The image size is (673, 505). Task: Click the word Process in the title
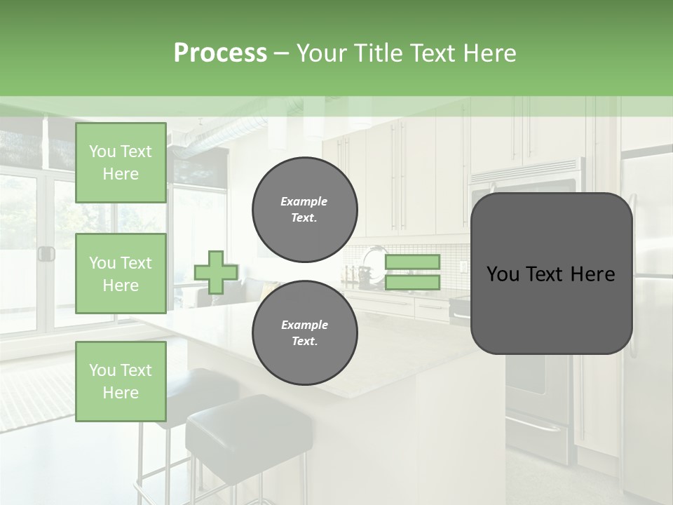point(220,53)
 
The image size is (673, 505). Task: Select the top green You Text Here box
point(121,163)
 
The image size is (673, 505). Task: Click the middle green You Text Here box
point(121,274)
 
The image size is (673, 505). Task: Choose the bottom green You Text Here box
point(121,381)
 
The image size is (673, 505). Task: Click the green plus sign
point(216,272)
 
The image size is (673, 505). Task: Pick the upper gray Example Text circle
point(304,210)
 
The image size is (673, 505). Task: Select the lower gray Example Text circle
point(304,333)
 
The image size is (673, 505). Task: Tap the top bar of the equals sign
point(412,262)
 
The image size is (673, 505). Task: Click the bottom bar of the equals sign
point(412,283)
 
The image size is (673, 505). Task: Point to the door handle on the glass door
point(46,254)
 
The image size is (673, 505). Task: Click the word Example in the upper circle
point(304,202)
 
